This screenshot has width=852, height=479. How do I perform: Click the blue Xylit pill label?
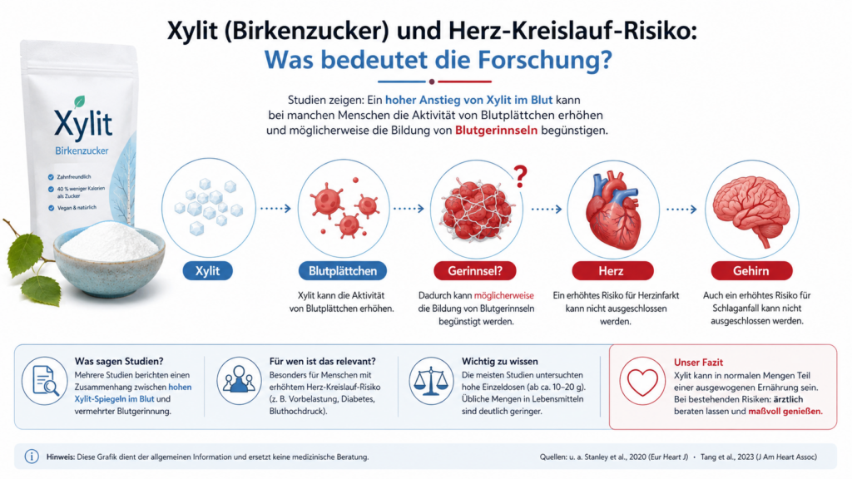point(207,270)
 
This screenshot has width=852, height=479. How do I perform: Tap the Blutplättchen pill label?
point(342,270)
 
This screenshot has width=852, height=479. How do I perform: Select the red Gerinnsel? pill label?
point(475,270)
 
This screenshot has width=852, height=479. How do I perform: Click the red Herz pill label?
point(612,270)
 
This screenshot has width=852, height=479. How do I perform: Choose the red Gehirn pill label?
point(751,270)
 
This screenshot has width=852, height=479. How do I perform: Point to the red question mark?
point(521,176)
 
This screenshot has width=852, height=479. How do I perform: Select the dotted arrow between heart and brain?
point(681,209)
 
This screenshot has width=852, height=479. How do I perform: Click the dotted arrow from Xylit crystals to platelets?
point(275,208)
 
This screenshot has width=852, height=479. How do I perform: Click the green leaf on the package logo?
point(79,101)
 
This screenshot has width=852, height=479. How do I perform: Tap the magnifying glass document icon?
point(45,380)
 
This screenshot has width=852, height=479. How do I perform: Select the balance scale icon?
point(432,380)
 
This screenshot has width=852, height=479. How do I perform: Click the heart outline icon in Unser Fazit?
point(642,382)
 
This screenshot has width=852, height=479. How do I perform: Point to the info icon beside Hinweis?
point(32,457)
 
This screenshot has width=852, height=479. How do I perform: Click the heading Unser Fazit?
point(698,363)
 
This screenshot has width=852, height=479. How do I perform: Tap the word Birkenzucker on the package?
point(82,151)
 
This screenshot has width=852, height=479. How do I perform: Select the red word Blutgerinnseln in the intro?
point(496,131)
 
